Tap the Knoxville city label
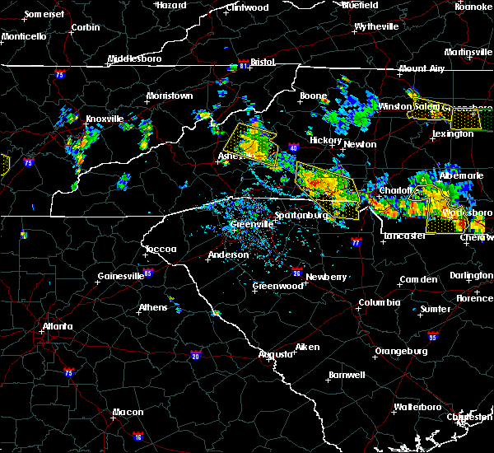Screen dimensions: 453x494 (105, 119)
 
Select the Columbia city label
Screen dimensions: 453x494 (379, 302)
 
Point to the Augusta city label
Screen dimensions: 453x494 (276, 354)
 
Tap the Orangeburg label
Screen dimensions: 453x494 (400, 351)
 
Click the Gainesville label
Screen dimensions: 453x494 (121, 276)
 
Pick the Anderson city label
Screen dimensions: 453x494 (228, 255)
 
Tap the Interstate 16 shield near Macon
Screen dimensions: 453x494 (137, 437)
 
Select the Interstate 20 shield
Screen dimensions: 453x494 (195, 355)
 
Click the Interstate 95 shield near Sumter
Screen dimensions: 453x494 (434, 336)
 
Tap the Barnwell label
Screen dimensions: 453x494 (347, 375)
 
